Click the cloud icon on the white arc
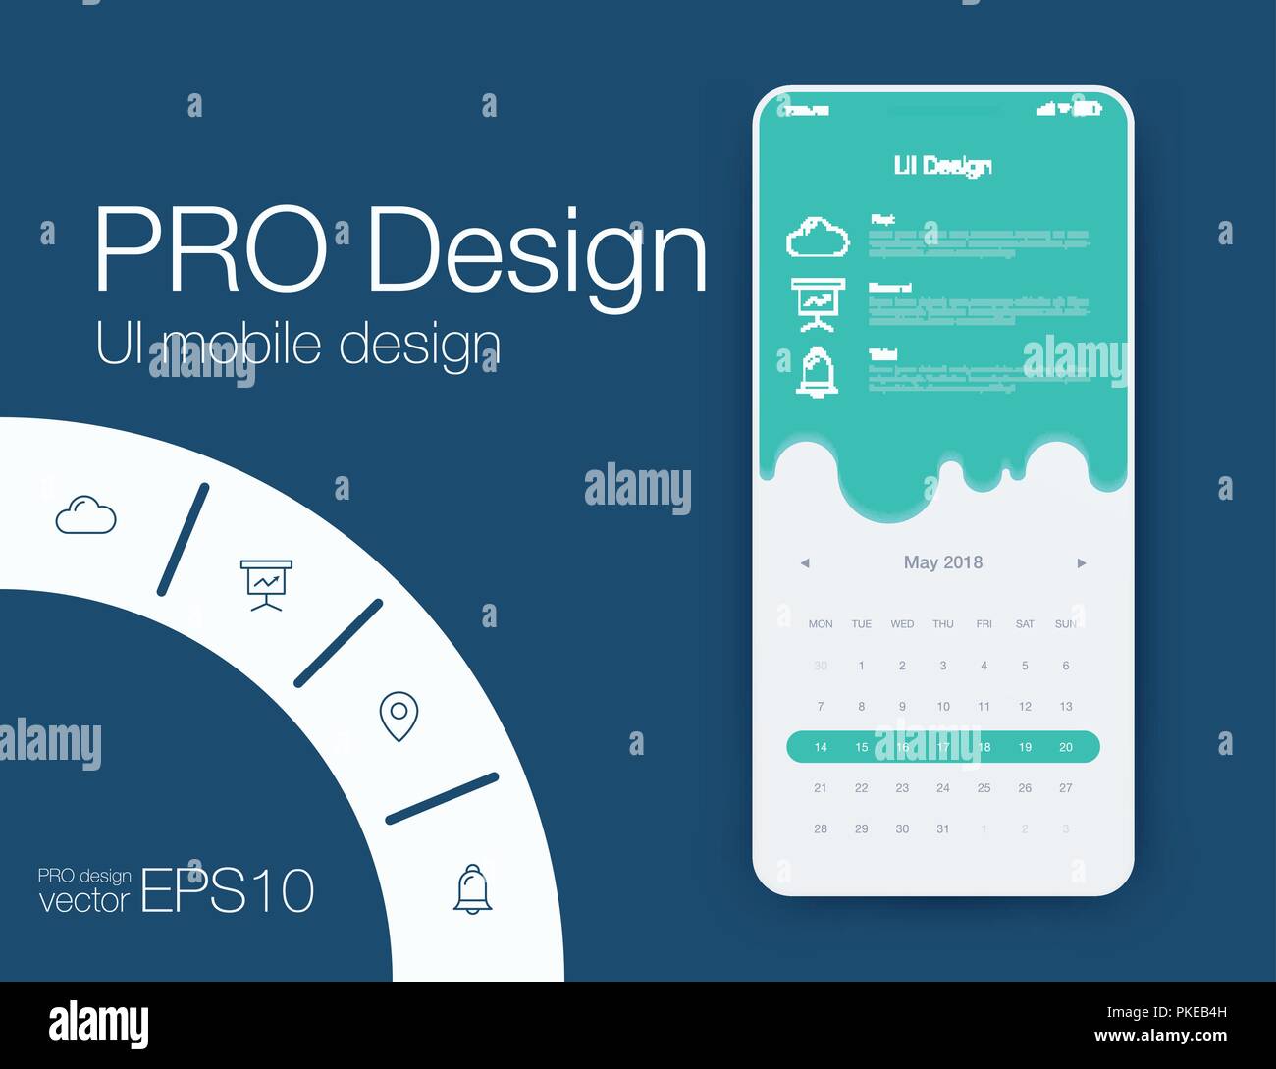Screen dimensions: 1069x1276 85,515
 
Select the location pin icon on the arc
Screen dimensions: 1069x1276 399,716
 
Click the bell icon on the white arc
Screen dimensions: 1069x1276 473,889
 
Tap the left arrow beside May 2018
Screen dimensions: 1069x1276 805,563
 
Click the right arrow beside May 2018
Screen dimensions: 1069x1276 1082,563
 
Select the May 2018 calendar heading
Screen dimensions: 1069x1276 942,562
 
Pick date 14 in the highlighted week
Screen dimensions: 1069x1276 821,747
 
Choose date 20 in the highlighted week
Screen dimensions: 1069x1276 1066,747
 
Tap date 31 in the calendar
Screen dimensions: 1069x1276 943,828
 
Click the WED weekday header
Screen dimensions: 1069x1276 902,624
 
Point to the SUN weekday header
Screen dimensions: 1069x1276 1066,624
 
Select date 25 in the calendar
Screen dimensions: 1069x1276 984,788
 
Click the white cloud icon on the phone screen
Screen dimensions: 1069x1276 818,238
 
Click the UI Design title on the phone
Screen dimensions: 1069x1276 942,166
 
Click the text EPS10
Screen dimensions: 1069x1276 228,891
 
